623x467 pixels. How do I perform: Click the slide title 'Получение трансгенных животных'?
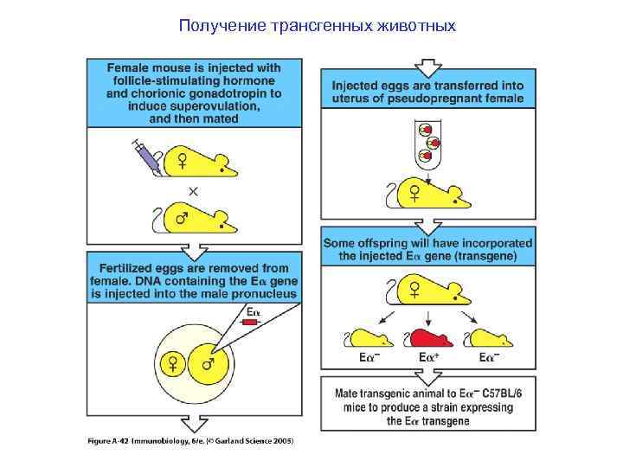pos(317,25)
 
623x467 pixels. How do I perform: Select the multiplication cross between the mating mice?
pos(193,189)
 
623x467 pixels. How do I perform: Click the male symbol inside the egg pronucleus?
pos(209,364)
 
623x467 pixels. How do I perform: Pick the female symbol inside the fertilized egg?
pos(172,364)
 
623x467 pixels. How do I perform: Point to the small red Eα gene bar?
pos(251,322)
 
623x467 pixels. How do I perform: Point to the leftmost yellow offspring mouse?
pos(367,338)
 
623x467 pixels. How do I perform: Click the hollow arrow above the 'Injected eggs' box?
pos(427,66)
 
